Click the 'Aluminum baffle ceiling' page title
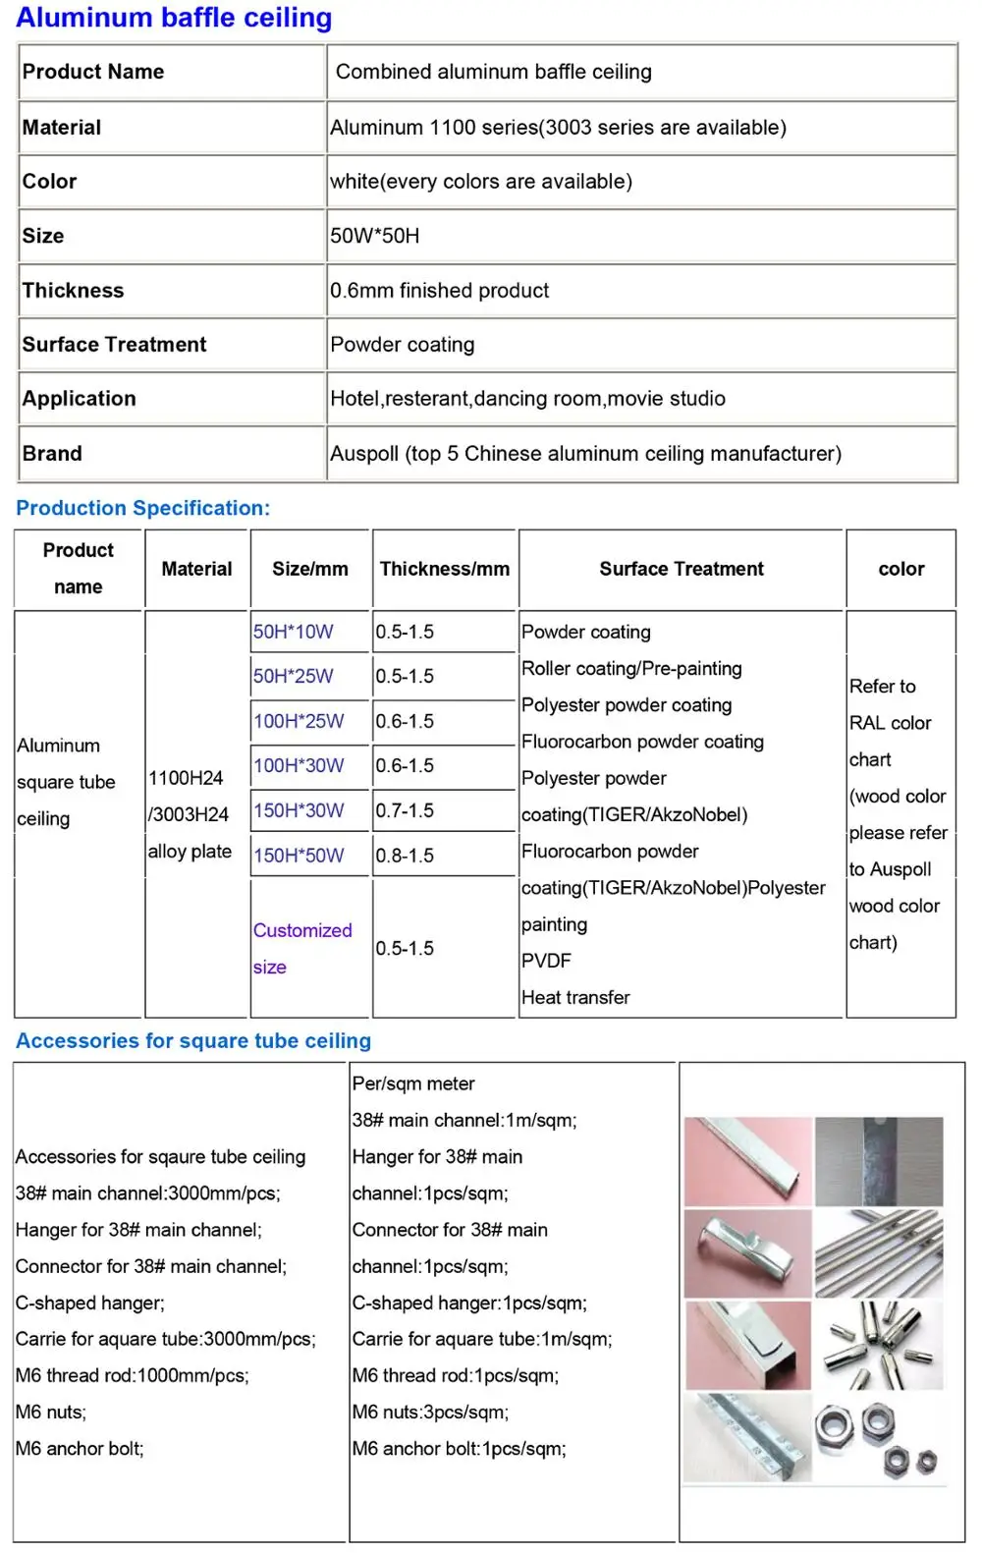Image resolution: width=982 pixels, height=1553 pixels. point(174,18)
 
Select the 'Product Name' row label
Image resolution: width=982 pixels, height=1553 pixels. point(93,72)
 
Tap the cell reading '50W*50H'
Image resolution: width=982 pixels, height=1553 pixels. point(374,236)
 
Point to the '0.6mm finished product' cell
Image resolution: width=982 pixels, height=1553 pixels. point(439,291)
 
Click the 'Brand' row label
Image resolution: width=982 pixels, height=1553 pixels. point(52,454)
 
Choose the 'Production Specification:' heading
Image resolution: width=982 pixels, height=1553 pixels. point(142,508)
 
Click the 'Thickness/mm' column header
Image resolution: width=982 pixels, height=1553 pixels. point(444,569)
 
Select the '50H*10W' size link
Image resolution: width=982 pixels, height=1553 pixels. point(293,632)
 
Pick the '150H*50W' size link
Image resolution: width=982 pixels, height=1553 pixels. point(299,856)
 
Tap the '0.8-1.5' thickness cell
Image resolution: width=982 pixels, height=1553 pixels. point(405,856)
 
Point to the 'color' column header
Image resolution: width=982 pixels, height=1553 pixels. point(900,569)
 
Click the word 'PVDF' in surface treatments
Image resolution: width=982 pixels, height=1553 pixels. point(546,961)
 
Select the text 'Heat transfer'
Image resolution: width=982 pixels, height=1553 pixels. point(575,997)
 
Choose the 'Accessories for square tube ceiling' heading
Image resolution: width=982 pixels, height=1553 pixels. point(193,1041)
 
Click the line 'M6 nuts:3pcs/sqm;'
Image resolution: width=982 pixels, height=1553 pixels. point(430,1413)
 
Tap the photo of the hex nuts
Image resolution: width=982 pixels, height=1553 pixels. point(879,1436)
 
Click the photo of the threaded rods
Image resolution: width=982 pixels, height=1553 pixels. point(879,1253)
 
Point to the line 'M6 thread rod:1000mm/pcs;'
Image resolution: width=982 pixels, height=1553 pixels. point(132,1375)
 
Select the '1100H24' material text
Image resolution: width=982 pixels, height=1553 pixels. point(186,778)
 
